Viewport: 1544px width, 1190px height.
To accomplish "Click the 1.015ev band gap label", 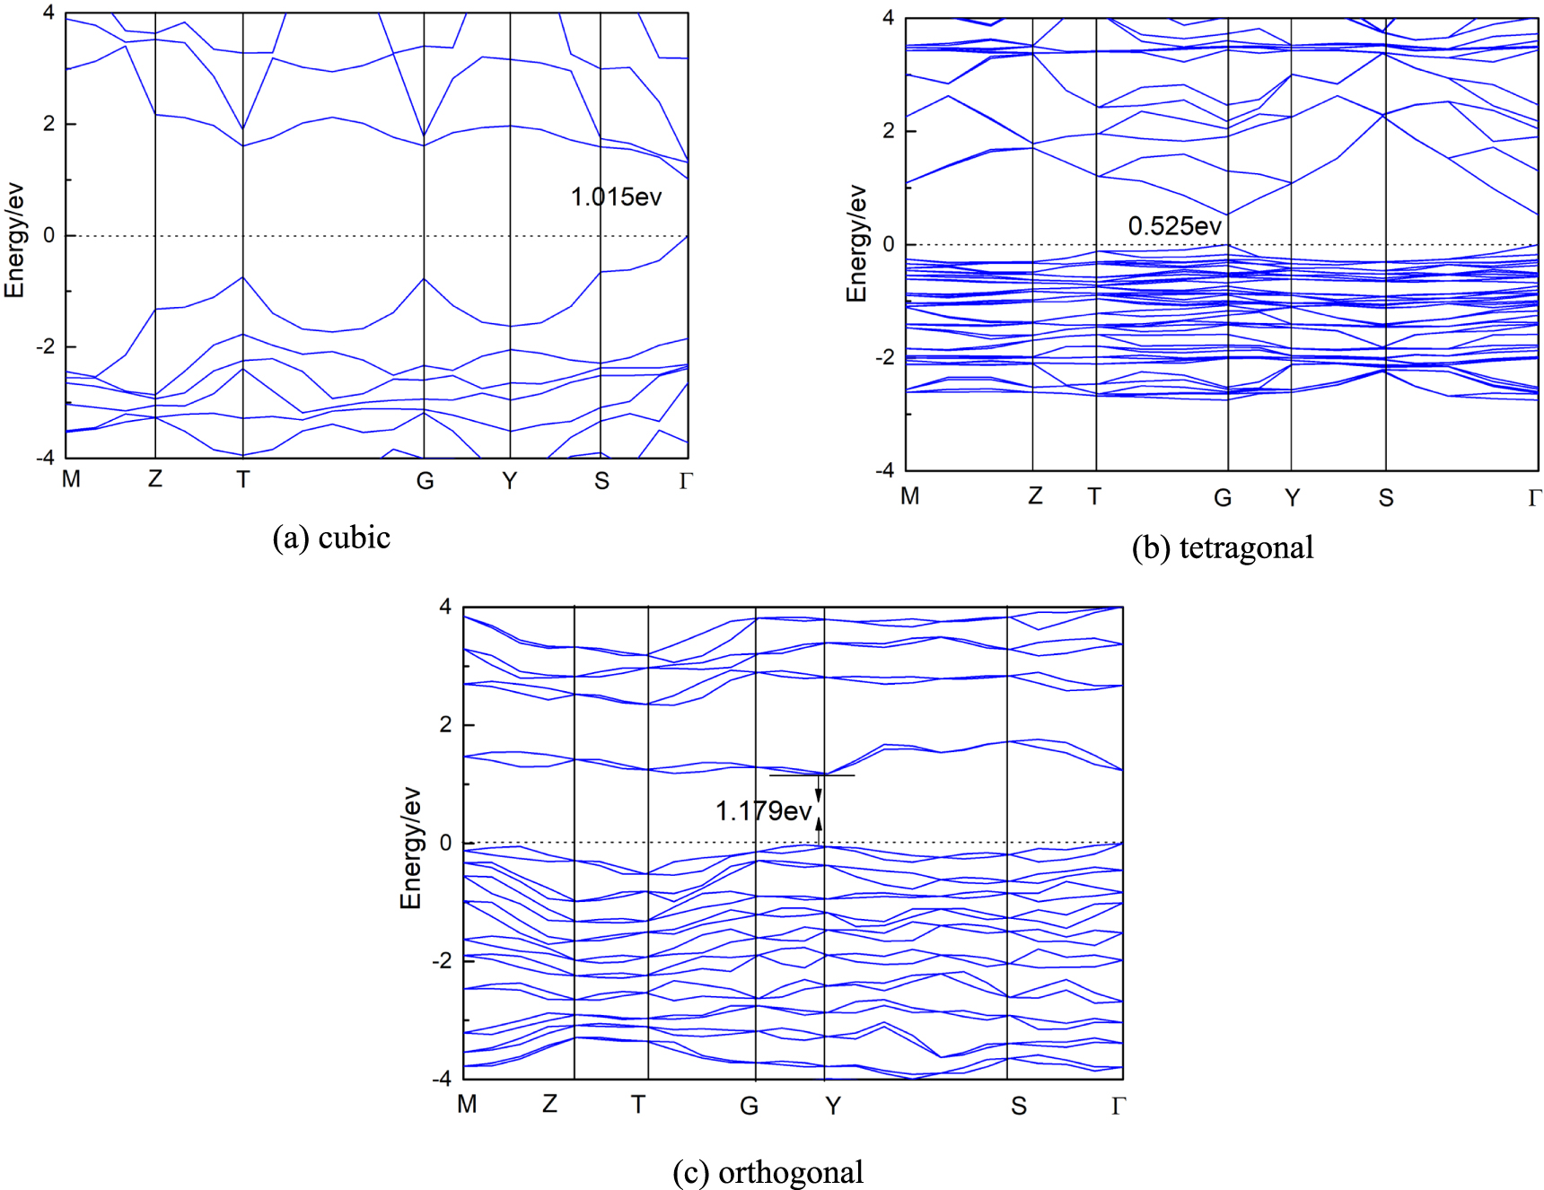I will click(616, 197).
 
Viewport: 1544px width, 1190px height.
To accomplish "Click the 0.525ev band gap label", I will click(1174, 226).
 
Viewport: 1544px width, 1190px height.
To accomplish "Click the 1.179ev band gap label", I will click(763, 811).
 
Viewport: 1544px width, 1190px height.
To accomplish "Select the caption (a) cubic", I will click(331, 538).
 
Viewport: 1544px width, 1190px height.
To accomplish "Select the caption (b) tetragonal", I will click(1222, 547).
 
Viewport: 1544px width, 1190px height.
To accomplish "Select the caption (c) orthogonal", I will click(768, 1172).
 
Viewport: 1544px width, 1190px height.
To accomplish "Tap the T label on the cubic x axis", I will click(242, 480).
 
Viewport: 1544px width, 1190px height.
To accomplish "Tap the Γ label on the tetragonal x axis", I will click(1534, 498).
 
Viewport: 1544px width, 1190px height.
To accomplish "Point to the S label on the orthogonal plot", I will click(1018, 1106).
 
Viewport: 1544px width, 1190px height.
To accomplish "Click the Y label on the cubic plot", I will click(509, 481).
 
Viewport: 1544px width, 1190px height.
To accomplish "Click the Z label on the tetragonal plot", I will click(1035, 496).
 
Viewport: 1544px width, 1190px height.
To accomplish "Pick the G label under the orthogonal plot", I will click(749, 1106).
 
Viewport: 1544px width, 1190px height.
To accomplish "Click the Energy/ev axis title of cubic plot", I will click(14, 241).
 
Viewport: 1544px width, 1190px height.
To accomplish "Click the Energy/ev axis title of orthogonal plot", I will click(410, 848).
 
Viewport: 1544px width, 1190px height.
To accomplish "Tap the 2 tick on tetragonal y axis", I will click(888, 131).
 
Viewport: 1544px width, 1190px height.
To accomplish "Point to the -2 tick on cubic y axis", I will click(45, 346).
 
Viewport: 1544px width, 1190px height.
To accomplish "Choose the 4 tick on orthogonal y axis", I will click(445, 607).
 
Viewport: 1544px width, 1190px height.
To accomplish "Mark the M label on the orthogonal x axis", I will click(467, 1104).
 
